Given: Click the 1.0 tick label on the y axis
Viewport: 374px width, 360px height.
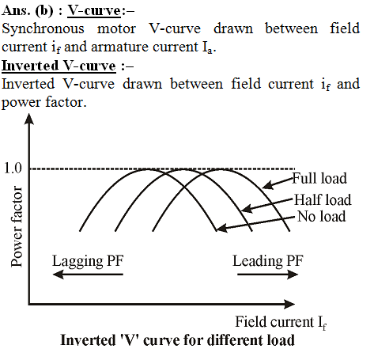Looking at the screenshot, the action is click(13, 168).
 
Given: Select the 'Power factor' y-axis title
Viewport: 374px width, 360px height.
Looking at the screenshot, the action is click(17, 226).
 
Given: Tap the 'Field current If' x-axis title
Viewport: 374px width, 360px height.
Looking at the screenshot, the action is click(281, 323).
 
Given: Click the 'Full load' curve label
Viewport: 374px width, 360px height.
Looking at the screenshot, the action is click(319, 178).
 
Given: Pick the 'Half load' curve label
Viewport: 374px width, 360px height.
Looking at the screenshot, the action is click(323, 199).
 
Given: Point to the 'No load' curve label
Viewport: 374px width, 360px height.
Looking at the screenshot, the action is click(322, 216).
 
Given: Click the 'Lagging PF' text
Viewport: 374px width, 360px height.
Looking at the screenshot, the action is click(88, 261).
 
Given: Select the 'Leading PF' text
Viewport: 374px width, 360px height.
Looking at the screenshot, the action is click(268, 261).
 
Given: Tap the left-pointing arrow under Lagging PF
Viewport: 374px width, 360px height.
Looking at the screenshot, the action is click(88, 275).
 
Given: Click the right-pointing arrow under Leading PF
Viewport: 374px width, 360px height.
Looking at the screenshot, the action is click(267, 275).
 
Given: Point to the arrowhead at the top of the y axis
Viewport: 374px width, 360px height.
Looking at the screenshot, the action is click(29, 119).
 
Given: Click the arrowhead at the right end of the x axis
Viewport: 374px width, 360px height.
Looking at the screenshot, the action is click(289, 304).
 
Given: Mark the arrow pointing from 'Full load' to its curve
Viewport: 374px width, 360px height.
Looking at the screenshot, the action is click(278, 183).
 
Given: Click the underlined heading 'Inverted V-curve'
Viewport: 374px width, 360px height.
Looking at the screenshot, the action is click(59, 66).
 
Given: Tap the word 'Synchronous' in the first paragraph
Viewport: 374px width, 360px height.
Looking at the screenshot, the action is click(43, 28).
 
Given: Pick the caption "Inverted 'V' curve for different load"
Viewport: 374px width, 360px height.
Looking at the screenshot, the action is click(177, 340).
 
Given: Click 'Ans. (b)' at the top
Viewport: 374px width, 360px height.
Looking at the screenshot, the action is click(28, 10).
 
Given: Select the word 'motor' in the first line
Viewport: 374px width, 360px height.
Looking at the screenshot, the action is click(116, 29).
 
